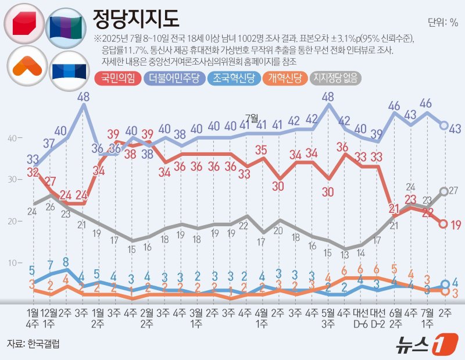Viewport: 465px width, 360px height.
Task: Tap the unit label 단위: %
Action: point(443,23)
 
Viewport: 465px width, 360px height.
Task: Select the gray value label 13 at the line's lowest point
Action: point(345,254)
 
